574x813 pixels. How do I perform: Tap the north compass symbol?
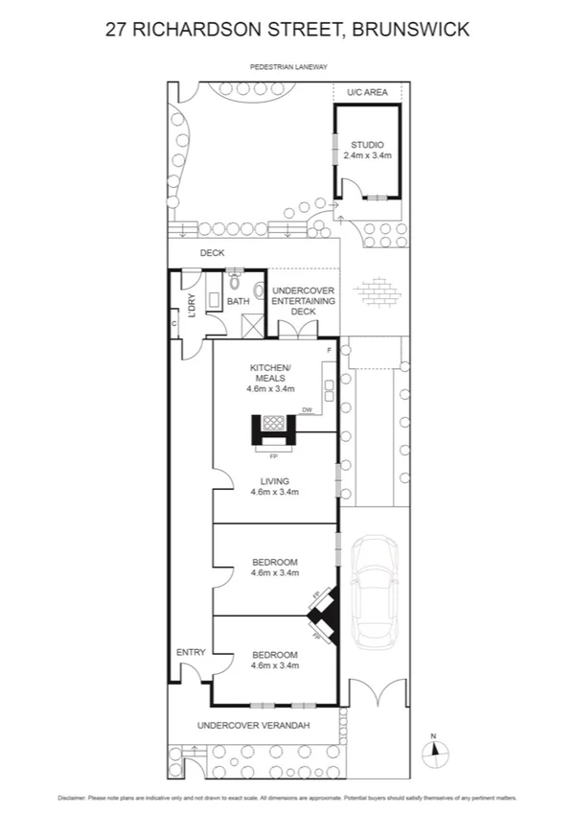433,750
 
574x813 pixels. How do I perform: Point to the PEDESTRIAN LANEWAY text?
287,68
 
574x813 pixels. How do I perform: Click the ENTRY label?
191,652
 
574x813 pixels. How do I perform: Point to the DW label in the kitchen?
307,410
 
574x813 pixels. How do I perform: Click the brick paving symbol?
375,291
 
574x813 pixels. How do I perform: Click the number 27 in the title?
116,30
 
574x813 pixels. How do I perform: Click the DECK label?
212,253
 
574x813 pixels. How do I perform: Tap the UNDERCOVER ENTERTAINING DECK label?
303,301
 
